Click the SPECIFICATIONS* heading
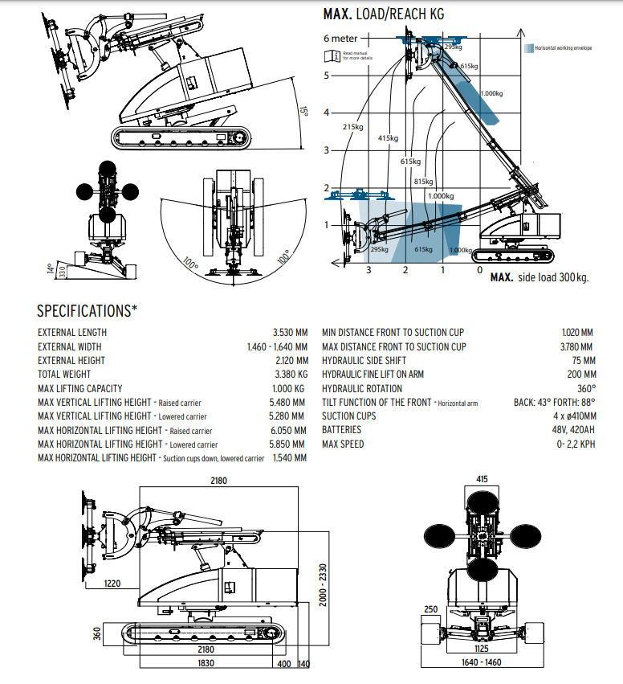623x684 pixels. coord(88,311)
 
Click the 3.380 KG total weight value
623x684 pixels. coord(291,375)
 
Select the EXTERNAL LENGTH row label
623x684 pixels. coord(72,333)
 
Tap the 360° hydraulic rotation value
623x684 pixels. coord(587,388)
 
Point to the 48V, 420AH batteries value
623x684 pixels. coord(572,430)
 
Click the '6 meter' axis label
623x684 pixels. coord(342,38)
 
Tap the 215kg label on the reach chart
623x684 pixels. coord(352,126)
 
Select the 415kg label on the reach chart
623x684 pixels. coord(388,138)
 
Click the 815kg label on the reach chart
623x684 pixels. coord(424,182)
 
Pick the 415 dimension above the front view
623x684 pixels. coord(482,479)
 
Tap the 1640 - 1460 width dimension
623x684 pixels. coord(482,663)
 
